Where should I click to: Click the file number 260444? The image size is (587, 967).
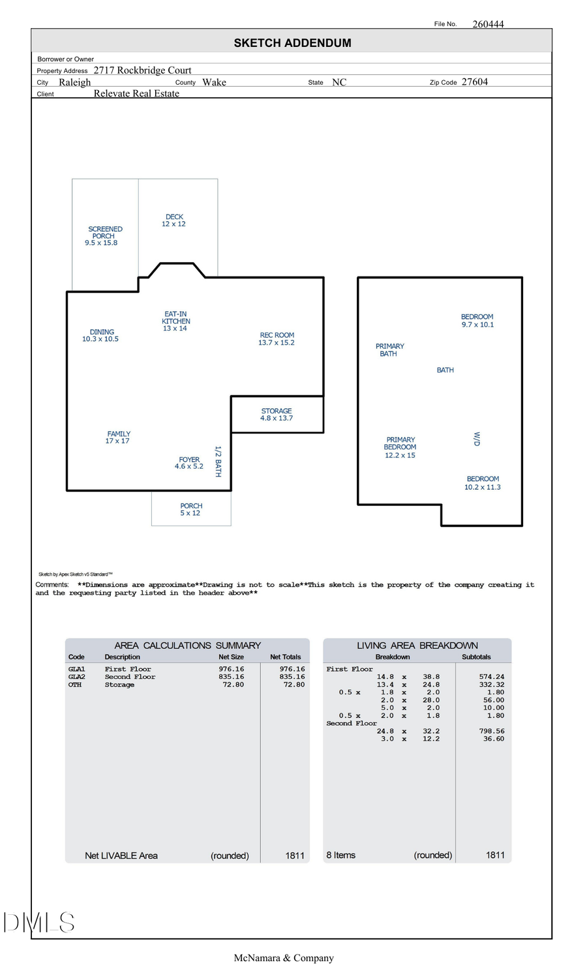point(488,24)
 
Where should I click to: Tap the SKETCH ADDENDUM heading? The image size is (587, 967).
point(292,43)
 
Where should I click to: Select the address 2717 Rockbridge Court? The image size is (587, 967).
point(142,70)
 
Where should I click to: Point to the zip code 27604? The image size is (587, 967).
point(474,82)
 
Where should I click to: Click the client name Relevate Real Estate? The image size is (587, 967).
point(136,94)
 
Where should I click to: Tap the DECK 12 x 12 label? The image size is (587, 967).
point(174,220)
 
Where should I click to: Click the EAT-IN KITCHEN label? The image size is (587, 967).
point(175,321)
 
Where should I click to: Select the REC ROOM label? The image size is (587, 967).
point(277,338)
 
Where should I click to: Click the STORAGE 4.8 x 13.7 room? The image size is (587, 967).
point(277,415)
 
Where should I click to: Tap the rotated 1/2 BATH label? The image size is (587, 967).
point(218,462)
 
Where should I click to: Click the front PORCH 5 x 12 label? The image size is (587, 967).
point(191,509)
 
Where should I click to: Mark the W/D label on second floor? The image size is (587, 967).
point(477,439)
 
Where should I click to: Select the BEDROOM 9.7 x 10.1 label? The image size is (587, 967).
point(477,321)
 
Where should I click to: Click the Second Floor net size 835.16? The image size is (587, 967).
point(231,677)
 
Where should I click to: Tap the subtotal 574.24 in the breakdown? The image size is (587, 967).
point(491,677)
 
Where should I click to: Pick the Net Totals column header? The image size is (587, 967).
point(285,657)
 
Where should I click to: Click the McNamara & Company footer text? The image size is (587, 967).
point(284,958)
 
